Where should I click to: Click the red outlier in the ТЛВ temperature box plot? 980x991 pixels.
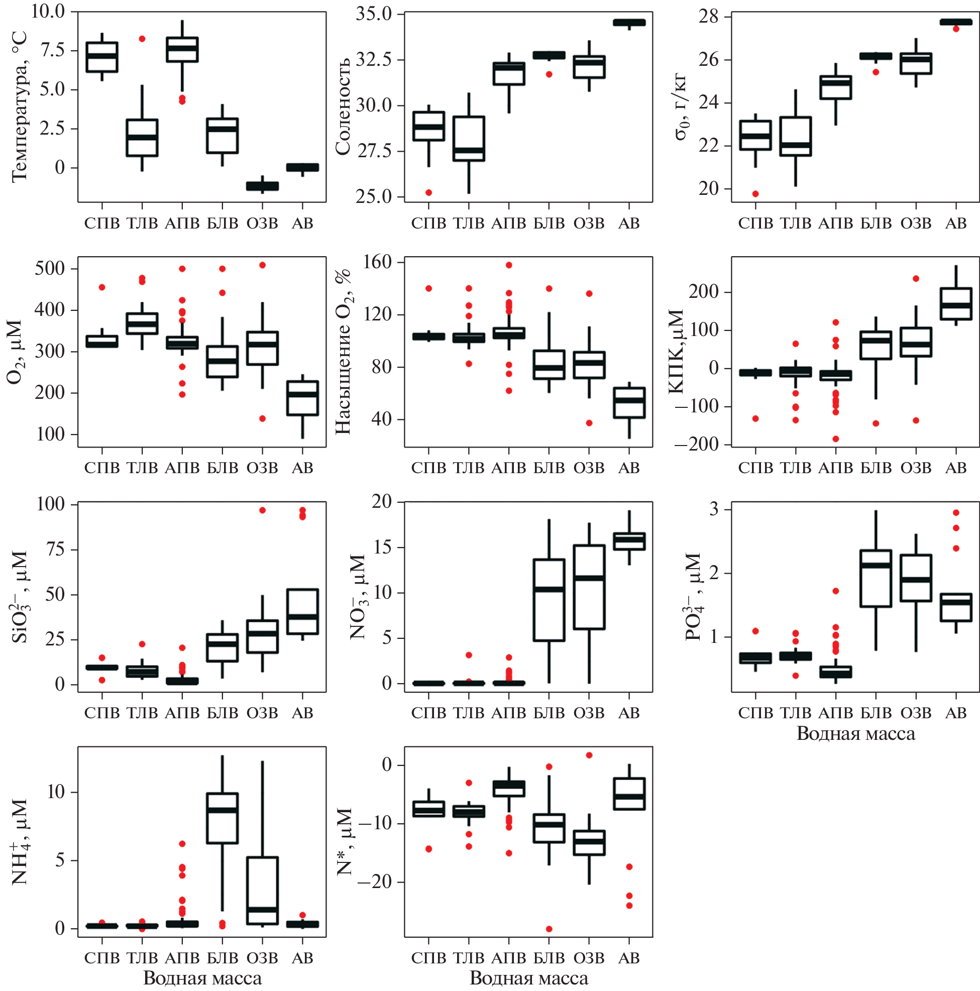(142, 39)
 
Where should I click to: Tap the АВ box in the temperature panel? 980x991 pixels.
(302, 167)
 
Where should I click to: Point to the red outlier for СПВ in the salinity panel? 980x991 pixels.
(428, 192)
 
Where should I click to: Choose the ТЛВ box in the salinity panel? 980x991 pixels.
(469, 139)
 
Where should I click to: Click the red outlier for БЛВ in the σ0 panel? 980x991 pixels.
(876, 72)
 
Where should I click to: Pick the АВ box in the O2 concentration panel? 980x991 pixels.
(302, 398)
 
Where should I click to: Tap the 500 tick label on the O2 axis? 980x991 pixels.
(50, 268)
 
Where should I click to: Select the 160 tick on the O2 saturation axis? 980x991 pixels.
(378, 262)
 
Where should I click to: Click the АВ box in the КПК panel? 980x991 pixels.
(956, 304)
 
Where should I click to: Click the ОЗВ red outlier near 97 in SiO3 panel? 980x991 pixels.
(262, 510)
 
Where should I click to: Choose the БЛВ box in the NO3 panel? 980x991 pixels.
(549, 600)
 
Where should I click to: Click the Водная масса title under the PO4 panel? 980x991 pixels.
(855, 733)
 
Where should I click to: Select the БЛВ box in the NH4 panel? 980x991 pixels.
(222, 818)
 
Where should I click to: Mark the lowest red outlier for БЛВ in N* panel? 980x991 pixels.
(549, 929)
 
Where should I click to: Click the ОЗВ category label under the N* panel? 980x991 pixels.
(589, 957)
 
